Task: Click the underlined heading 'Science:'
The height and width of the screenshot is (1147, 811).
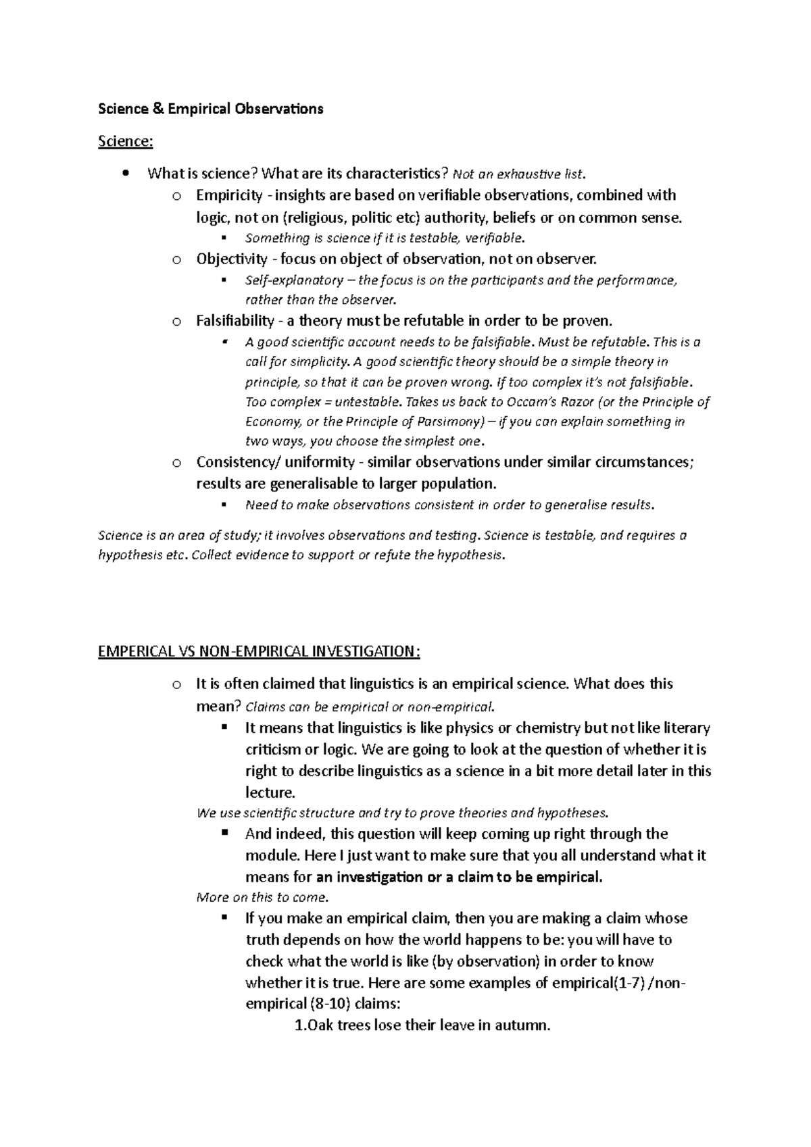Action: (126, 141)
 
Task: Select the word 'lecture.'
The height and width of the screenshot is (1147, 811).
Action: (270, 792)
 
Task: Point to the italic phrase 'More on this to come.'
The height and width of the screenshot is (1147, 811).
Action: (262, 898)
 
